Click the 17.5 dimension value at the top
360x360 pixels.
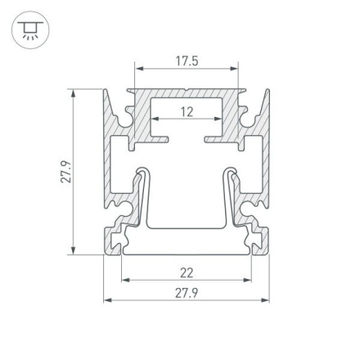point(187,61)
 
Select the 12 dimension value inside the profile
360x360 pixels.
point(187,112)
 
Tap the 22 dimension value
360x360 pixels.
point(187,272)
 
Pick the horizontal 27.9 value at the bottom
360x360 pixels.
point(187,291)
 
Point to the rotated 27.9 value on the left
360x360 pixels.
point(66,171)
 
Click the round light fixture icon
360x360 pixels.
point(30,30)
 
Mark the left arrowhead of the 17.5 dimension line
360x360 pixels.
point(138,69)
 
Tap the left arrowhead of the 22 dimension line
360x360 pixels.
point(125,280)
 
